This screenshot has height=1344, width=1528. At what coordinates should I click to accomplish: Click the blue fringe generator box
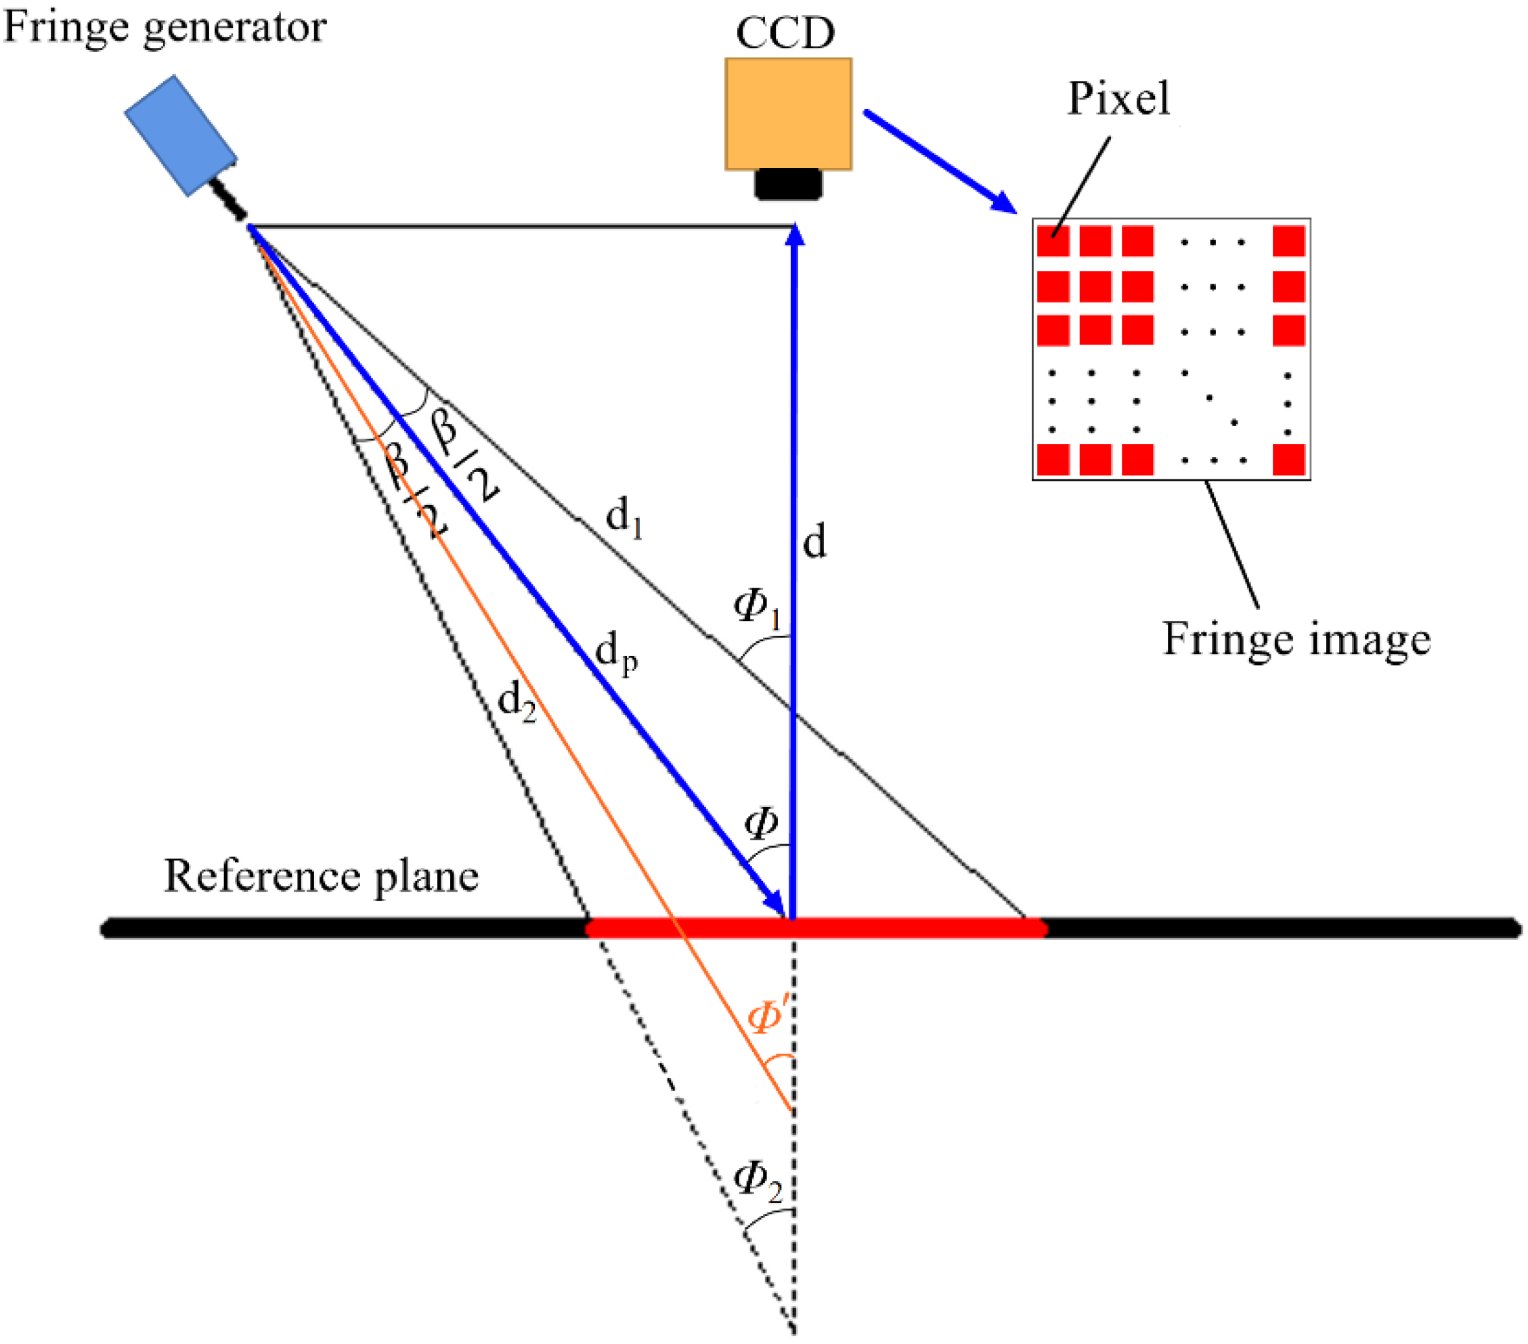coord(180,135)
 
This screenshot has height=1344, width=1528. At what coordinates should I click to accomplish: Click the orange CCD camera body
coord(788,114)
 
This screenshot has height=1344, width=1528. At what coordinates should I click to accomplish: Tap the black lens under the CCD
coord(788,184)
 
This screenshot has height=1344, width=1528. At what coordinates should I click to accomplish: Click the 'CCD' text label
coord(785,33)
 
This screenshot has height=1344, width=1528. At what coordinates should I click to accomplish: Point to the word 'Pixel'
coord(1118,98)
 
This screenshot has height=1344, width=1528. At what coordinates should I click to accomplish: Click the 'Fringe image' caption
coord(1296,640)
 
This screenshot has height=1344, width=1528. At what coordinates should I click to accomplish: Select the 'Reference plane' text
coord(321,876)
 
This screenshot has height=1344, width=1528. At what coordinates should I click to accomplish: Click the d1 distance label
coord(624,517)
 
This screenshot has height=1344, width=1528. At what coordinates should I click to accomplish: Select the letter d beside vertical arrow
coord(814,541)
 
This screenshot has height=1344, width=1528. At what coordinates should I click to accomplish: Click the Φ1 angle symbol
coord(756,607)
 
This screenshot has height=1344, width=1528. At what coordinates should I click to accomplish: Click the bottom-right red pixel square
coord(1289,459)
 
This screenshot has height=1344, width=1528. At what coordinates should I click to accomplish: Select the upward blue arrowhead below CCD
coord(795,235)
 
